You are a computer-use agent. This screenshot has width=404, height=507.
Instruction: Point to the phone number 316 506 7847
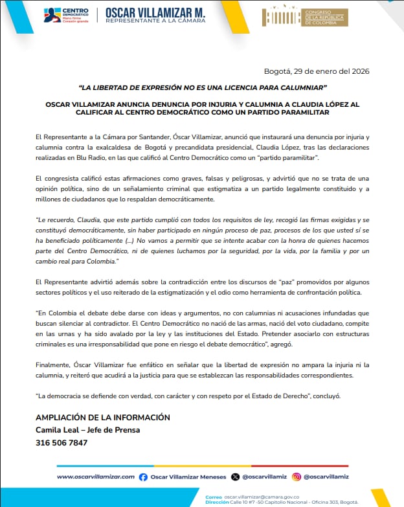click(62, 442)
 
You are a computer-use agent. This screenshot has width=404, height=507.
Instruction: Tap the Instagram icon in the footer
click(297, 477)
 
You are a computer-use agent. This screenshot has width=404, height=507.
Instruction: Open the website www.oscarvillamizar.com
click(95, 477)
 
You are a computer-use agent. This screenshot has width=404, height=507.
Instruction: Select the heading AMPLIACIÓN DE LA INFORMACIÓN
click(103, 418)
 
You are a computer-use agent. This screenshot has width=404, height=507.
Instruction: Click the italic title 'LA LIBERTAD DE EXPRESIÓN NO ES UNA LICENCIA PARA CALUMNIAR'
click(202, 87)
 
